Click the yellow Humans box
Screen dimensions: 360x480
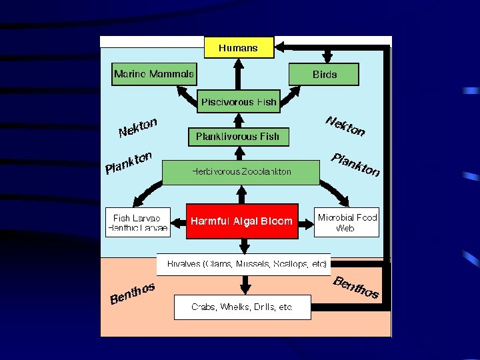coord(238,47)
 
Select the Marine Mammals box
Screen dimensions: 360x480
coord(154,74)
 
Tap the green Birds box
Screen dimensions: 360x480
coord(324,75)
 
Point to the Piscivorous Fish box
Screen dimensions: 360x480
coord(239,101)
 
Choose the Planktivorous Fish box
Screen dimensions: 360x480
coord(238,137)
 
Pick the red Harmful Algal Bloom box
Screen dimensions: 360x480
coord(241,221)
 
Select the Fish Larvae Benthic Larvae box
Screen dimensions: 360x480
coord(138,222)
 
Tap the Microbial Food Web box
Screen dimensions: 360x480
coord(347,222)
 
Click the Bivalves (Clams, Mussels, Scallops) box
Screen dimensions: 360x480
coord(243,264)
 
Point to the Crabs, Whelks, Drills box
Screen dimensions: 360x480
coord(242,307)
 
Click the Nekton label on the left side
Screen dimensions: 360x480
coord(138,127)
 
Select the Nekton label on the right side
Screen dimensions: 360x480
coord(345,125)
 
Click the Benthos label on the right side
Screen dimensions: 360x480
coord(356,287)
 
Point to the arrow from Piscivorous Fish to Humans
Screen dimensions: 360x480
coord(238,75)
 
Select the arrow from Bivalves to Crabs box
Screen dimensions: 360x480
coord(245,285)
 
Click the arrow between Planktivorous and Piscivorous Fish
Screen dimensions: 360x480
coord(239,119)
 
